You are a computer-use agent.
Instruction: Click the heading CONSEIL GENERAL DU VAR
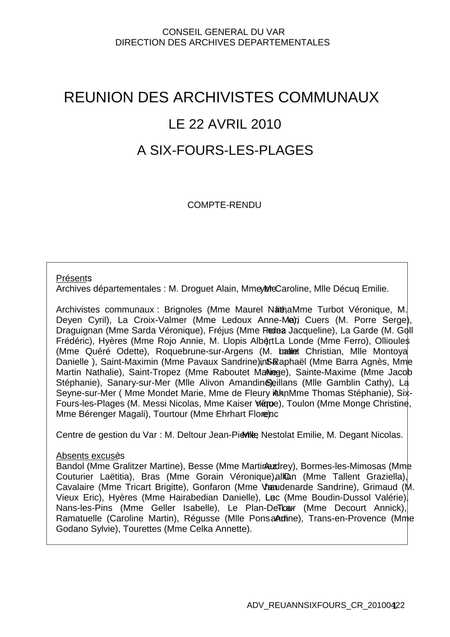pyautogui.click(x=223, y=32)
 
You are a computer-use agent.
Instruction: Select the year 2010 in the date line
pyautogui.click(x=266, y=124)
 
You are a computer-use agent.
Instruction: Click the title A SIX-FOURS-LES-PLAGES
pyautogui.click(x=225, y=150)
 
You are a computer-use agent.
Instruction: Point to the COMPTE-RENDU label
pyautogui.click(x=224, y=205)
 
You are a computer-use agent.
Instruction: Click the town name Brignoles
pyautogui.click(x=183, y=310)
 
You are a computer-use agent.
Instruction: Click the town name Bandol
pyautogui.click(x=70, y=466)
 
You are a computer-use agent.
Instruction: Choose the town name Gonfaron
pyautogui.click(x=211, y=487)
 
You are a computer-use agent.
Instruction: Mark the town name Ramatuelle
pyautogui.click(x=80, y=519)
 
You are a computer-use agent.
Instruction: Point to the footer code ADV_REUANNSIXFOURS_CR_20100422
pyautogui.click(x=325, y=605)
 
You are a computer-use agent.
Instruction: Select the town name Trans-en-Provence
pyautogui.click(x=347, y=519)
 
